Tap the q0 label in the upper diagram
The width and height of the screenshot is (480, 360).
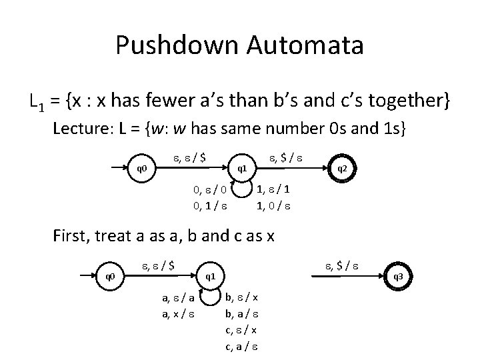pyautogui.click(x=142, y=168)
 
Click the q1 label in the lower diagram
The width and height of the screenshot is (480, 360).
pyautogui.click(x=209, y=275)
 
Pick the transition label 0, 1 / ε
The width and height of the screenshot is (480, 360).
pyautogui.click(x=213, y=206)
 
